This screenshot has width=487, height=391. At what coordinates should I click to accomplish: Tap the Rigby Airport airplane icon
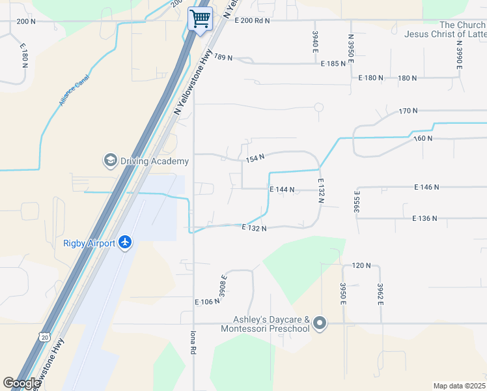coord(126,243)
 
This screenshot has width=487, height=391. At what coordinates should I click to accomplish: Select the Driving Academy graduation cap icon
coord(109,160)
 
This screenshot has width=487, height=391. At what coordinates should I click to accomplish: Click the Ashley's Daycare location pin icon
coord(319,323)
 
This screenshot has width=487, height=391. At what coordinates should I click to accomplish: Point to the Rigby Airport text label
coord(89,244)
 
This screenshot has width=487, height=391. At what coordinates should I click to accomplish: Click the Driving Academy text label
coord(154,161)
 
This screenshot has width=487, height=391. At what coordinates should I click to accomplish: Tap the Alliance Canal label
coord(74,90)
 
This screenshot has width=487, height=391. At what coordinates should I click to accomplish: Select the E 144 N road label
coord(283,190)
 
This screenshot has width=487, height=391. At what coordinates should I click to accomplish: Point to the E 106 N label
coord(207,302)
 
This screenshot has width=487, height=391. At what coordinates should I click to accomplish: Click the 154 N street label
coord(255,158)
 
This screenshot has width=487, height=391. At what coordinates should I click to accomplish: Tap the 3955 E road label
coord(357,202)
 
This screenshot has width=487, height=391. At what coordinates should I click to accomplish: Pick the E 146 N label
coord(426,187)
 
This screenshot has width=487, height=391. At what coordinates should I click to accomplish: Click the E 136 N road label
coord(424,218)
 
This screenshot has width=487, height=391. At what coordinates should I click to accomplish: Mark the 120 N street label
coord(361,266)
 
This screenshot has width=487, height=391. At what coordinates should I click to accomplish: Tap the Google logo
coord(22,383)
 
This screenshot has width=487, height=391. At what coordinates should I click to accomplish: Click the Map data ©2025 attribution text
coord(460,386)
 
